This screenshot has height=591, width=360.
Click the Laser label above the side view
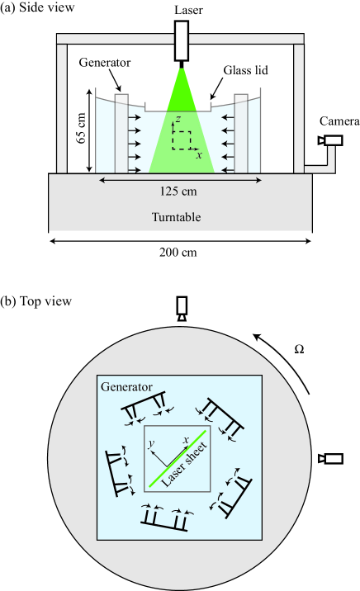click(x=188, y=10)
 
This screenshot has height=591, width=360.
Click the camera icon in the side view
click(x=329, y=140)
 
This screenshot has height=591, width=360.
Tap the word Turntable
click(x=176, y=217)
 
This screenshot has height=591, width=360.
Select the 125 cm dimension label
click(x=178, y=191)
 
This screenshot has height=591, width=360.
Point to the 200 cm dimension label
click(x=178, y=252)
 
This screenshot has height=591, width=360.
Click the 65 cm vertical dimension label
click(x=81, y=128)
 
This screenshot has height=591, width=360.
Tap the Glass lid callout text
click(x=246, y=70)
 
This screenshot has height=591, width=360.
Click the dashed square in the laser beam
click(x=182, y=139)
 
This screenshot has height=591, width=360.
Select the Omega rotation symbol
click(x=299, y=350)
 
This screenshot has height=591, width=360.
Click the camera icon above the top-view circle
click(x=182, y=309)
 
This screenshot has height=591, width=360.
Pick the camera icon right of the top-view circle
click(x=329, y=459)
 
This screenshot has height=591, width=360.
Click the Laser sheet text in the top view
click(x=185, y=465)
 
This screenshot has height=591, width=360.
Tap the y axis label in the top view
click(x=151, y=443)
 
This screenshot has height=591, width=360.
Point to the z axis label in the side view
click(x=178, y=119)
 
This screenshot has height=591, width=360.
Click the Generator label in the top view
click(x=126, y=387)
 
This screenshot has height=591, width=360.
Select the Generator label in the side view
click(x=105, y=63)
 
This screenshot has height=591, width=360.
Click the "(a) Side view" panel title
click(x=37, y=8)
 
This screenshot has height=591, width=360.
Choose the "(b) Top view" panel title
click(x=36, y=301)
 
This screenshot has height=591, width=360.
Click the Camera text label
click(x=339, y=121)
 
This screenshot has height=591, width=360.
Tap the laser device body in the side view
click(x=182, y=40)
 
